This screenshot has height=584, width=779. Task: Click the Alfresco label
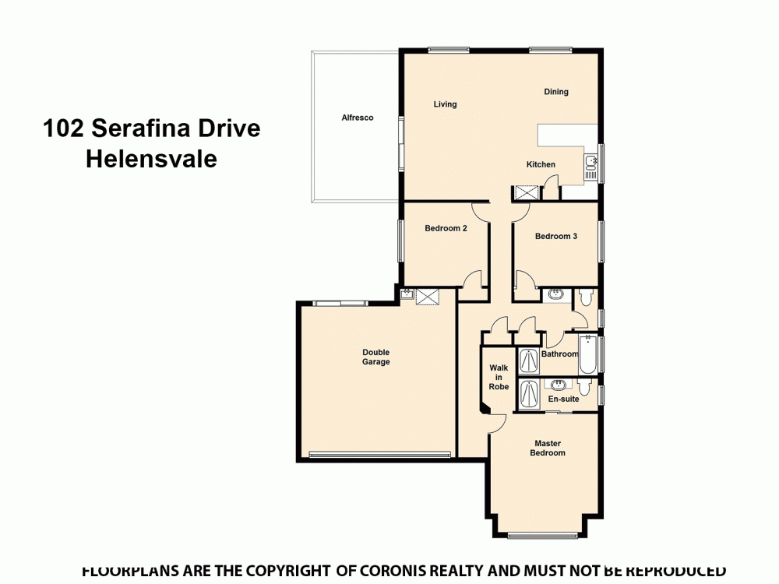[358, 118]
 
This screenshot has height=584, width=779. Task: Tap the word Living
[445, 104]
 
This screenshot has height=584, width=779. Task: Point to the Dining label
[556, 92]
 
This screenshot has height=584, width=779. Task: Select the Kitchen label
[541, 164]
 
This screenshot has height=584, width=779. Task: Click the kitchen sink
[590, 163]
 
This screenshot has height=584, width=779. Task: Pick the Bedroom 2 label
[446, 228]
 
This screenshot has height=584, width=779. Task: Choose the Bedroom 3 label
[555, 236]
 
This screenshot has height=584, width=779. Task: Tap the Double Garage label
[376, 357]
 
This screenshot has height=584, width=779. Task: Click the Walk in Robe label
[499, 377]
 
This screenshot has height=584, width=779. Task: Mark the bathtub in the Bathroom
[588, 354]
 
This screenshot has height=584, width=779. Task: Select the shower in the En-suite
[530, 394]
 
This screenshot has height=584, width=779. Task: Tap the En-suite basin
[558, 385]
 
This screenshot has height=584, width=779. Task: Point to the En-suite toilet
[585, 386]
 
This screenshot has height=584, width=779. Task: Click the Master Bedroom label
[548, 448]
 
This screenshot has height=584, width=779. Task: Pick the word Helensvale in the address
[151, 159]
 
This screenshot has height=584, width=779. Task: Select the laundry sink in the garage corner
[406, 294]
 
